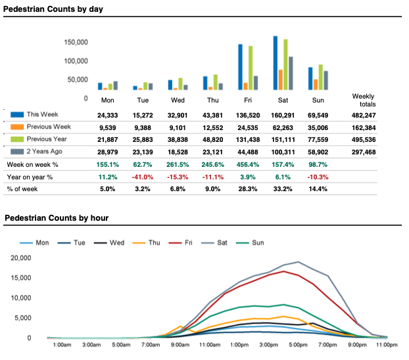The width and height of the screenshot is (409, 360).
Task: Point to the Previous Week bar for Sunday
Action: tap(316, 84)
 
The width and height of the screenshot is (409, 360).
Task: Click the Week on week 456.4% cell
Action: tap(248, 164)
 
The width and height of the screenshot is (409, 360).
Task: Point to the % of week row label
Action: tap(26, 190)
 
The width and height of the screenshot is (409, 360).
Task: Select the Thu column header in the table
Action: tap(212, 101)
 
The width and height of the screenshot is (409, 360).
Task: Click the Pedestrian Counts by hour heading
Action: tap(57, 218)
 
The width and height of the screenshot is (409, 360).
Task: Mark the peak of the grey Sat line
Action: tap(299, 262)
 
